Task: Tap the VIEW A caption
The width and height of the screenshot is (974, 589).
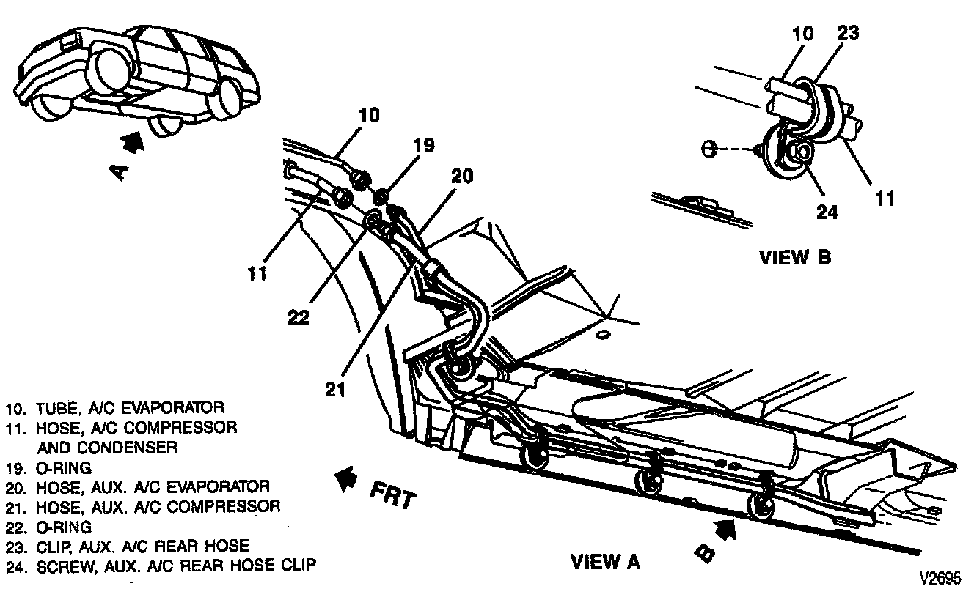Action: click(605, 562)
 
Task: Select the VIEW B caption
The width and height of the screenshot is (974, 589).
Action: click(795, 257)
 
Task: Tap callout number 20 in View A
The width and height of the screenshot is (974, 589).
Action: click(462, 177)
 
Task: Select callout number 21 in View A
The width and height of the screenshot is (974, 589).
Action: click(334, 389)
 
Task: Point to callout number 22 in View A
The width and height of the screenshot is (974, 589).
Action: click(299, 316)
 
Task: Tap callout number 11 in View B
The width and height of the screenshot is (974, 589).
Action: click(885, 198)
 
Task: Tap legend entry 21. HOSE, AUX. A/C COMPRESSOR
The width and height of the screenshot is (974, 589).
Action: click(143, 505)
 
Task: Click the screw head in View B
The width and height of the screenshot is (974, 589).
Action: click(802, 152)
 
